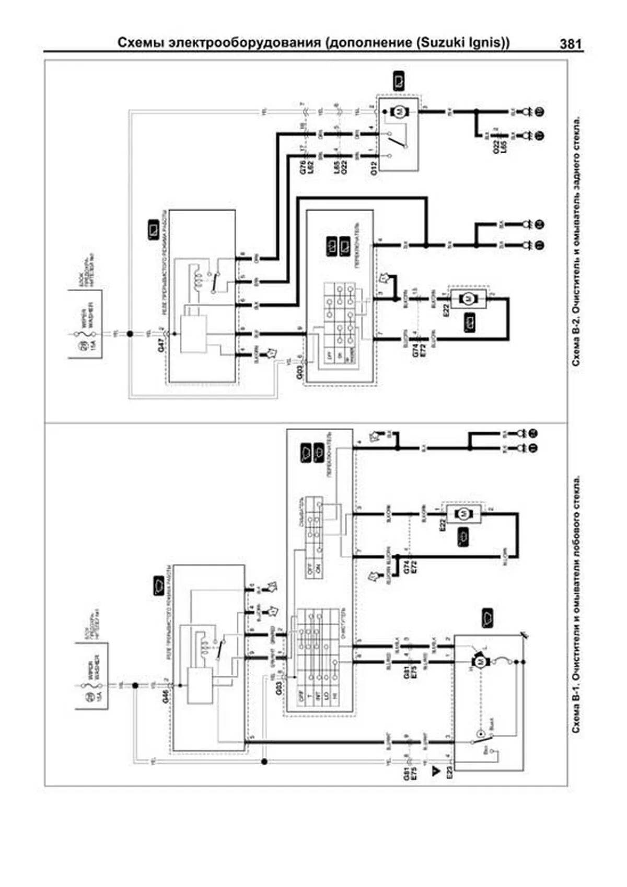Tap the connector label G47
coord(161,344)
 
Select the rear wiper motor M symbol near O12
coord(399,111)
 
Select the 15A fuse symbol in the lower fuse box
coord(87,685)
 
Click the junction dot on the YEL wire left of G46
coord(135,685)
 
